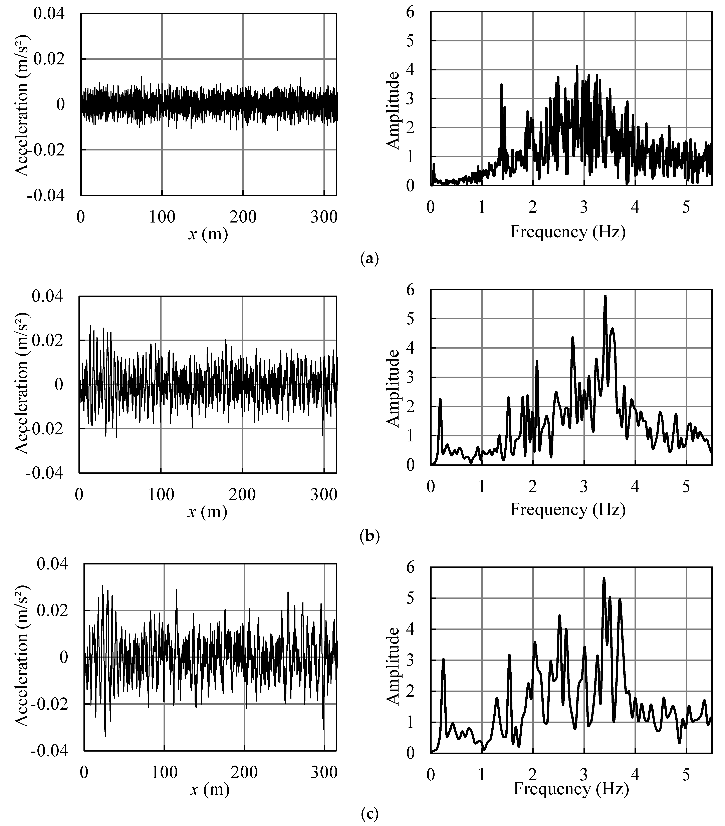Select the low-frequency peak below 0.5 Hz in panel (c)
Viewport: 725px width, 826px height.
pos(443,660)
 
